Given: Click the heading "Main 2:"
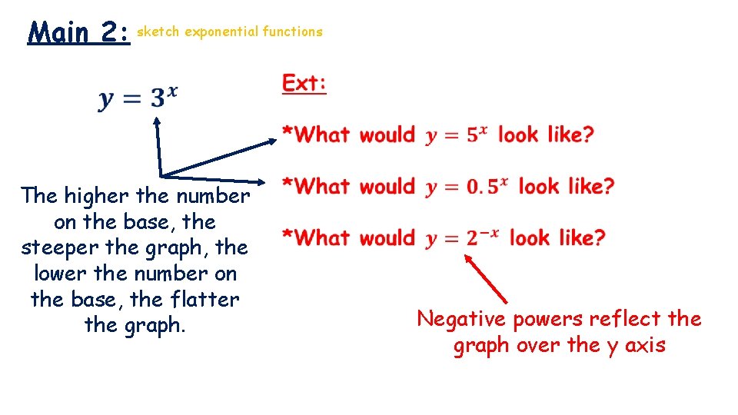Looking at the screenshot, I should pos(78,33).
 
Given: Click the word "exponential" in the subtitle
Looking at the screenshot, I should pos(221,32).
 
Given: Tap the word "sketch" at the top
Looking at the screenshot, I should pos(158,32).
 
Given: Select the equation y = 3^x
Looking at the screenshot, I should pos(138,98).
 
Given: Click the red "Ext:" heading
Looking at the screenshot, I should pos(304,83).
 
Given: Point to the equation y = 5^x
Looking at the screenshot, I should pos(457,135).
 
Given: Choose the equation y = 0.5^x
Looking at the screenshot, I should pos(467,187).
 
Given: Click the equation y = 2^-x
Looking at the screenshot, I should pos(462,238).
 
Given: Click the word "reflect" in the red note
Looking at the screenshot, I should pos(623,319).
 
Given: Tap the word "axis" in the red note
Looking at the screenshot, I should pos(645,345).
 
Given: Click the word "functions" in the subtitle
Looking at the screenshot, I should pos(292,32).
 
